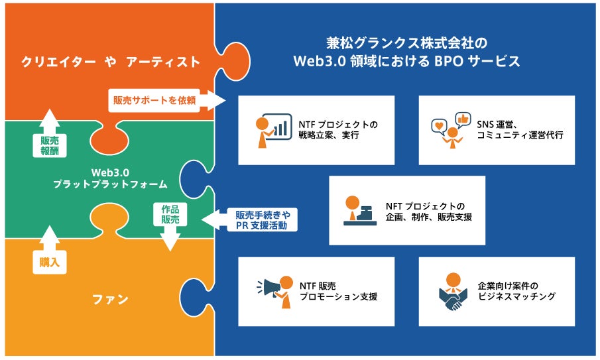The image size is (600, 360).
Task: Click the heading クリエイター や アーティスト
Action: point(111,62)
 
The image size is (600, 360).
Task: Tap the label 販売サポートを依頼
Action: point(154,100)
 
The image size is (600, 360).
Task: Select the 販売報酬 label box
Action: point(50,146)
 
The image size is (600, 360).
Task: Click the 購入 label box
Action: point(50,262)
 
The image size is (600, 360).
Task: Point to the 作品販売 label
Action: point(170,214)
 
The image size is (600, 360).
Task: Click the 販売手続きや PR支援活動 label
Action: point(263,220)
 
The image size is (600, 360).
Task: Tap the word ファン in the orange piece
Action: point(110,299)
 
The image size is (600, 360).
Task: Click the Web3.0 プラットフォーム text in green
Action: point(110,178)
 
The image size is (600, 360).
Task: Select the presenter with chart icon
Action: point(273,131)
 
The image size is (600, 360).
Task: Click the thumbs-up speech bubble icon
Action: point(463,120)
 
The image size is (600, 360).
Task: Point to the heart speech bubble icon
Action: point(439,127)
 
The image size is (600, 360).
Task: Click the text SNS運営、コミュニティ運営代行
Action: point(520,130)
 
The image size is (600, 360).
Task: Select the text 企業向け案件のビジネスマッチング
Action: point(516,291)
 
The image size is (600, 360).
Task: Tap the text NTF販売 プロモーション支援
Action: point(338,291)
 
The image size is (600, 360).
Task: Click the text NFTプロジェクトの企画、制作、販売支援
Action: point(428,211)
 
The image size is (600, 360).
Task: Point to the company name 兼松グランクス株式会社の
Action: point(407,43)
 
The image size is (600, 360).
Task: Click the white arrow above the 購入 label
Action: point(50,237)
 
